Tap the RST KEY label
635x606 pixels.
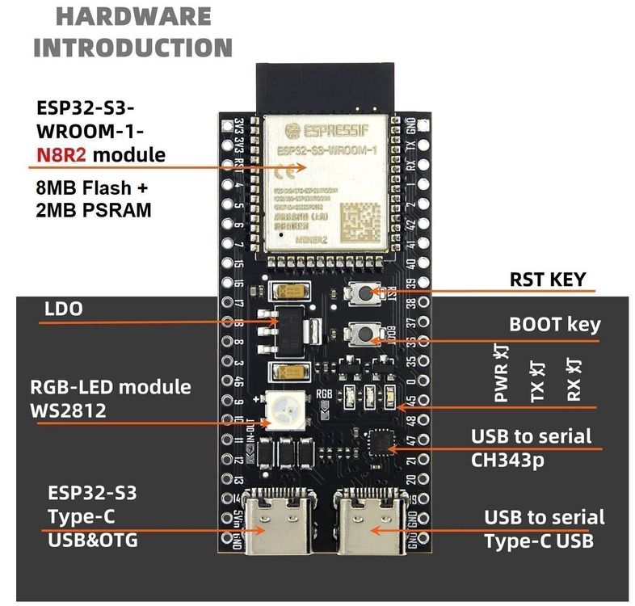pos(552,280)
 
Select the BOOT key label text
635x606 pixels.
pos(554,325)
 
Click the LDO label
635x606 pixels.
pos(65,309)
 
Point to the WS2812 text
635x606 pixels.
pos(69,410)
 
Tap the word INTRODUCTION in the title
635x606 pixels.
pos(132,46)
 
